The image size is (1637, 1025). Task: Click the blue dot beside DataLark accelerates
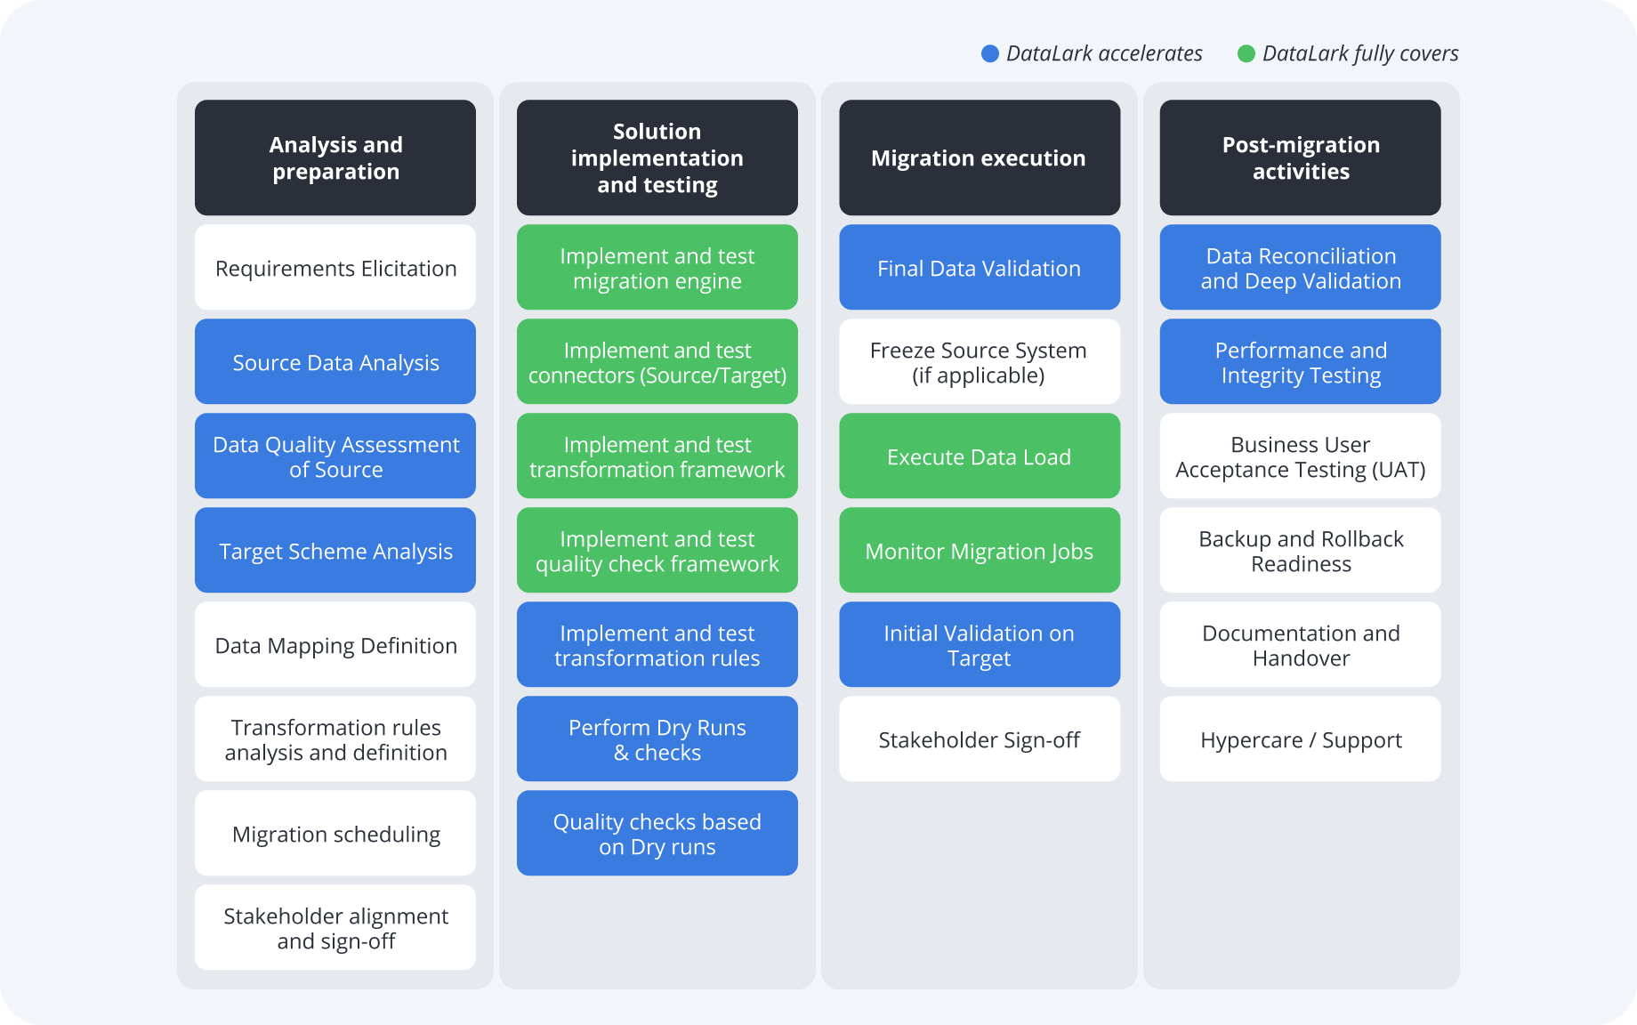click(989, 54)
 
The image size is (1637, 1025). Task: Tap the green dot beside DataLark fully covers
click(1246, 54)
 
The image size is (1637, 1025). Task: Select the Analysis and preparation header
click(335, 157)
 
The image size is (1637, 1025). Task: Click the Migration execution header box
click(979, 157)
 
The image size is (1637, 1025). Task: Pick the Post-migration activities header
click(1300, 157)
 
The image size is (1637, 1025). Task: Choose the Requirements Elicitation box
click(335, 268)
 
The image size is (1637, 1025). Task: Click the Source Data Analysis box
click(335, 362)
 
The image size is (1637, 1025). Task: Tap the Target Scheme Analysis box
click(335, 551)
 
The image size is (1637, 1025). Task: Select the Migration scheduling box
click(335, 834)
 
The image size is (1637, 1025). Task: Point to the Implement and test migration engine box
click(657, 268)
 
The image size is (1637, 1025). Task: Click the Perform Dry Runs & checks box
click(657, 739)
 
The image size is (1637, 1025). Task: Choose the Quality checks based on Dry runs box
click(657, 834)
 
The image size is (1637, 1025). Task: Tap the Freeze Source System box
click(979, 362)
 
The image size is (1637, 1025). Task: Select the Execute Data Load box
click(979, 456)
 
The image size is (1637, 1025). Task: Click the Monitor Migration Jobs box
click(979, 551)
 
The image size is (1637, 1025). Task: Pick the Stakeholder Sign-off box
click(979, 739)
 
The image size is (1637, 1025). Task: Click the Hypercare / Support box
click(1300, 739)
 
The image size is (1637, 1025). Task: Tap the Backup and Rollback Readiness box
click(1300, 551)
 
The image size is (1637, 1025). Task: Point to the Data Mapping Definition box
click(335, 645)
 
